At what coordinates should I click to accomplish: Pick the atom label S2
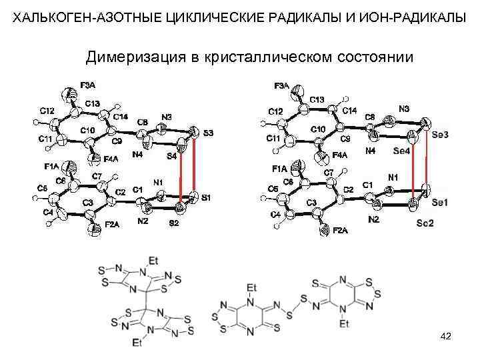(173, 223)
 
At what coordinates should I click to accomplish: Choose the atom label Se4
(401, 151)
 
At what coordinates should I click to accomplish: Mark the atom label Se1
(440, 201)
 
